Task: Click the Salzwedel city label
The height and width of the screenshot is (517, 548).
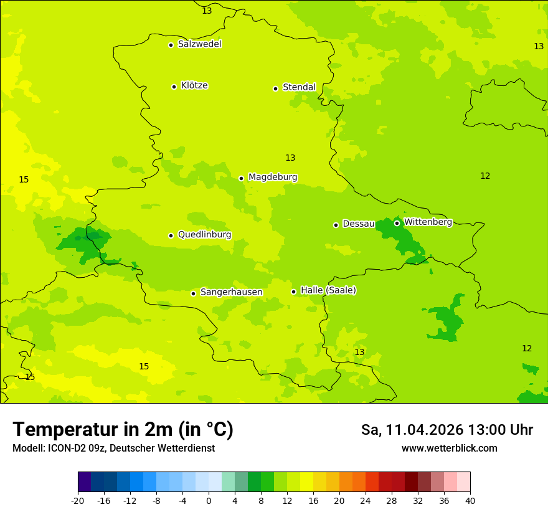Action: [199, 44]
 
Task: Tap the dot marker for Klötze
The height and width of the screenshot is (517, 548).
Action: [174, 87]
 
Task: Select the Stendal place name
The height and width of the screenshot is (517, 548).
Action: [299, 87]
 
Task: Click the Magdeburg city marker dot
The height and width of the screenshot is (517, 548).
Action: [241, 178]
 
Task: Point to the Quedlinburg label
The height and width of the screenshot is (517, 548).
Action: [204, 235]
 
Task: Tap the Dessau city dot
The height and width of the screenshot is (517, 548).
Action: [336, 225]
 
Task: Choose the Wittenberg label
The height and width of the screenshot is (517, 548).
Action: [428, 222]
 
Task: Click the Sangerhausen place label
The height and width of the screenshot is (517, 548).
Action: [231, 292]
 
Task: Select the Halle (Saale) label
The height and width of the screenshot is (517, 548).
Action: [328, 290]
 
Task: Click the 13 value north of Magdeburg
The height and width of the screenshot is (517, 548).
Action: [290, 158]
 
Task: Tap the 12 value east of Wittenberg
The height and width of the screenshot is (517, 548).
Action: [485, 176]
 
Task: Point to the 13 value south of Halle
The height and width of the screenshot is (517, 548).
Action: [359, 352]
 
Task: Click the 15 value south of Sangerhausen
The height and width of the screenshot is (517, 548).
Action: [144, 366]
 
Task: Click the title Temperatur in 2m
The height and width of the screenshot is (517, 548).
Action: [123, 429]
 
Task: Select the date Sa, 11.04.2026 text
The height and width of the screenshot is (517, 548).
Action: [412, 430]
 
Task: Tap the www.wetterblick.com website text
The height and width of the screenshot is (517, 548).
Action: [449, 448]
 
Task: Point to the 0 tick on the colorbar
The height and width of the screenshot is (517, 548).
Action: [209, 500]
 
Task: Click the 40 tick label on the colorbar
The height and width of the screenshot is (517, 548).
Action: [470, 500]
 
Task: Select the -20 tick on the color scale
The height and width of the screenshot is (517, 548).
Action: [78, 500]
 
